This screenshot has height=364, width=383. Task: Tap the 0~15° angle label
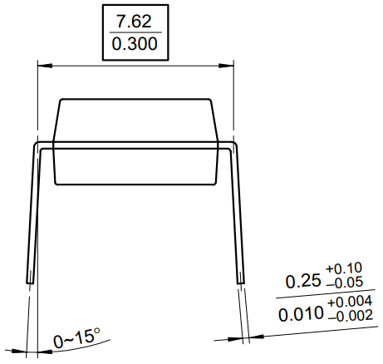coord(76,337)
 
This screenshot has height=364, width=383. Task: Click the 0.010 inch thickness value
coord(302,314)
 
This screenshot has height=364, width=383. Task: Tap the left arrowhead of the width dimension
coord(41,65)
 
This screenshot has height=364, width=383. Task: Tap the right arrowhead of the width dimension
coord(228,65)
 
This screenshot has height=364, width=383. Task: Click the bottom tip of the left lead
coord(29,283)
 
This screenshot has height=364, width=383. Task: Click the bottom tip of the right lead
coord(242,283)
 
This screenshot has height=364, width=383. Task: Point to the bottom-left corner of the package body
coord(56,183)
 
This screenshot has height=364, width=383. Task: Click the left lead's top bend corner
coord(36,145)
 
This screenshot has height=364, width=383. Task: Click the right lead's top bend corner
coord(235,145)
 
